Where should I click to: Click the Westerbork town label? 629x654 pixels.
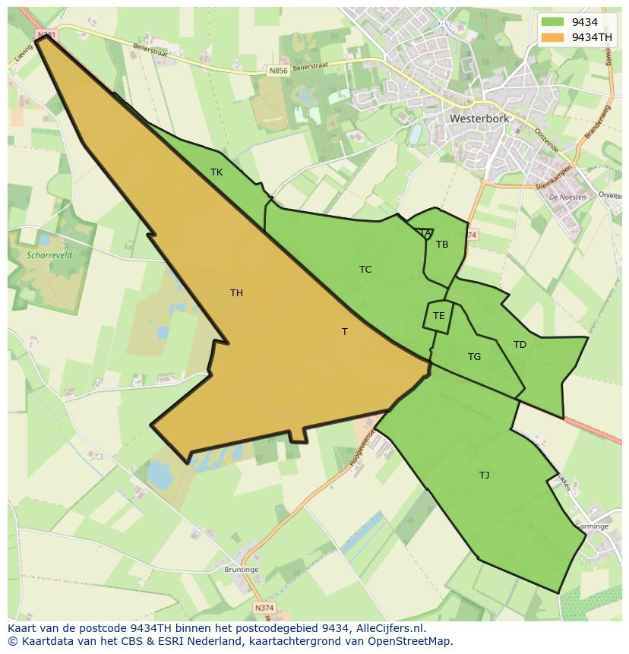click(x=479, y=119)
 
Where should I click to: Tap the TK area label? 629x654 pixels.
click(x=217, y=172)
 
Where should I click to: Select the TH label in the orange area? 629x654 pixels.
click(x=236, y=293)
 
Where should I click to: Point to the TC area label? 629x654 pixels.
click(x=365, y=270)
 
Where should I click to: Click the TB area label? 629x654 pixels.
click(x=442, y=245)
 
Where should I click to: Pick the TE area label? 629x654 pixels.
click(x=438, y=316)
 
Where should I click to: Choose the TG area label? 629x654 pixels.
click(x=474, y=357)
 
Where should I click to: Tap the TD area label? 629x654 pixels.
click(x=520, y=345)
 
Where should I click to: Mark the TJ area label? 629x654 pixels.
click(x=484, y=475)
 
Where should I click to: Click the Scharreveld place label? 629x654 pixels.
click(x=48, y=256)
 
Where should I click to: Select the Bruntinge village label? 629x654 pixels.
click(x=242, y=570)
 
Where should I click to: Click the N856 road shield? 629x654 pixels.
click(x=278, y=71)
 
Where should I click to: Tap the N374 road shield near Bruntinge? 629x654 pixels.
click(x=264, y=608)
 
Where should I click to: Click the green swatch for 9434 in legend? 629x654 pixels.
click(x=553, y=22)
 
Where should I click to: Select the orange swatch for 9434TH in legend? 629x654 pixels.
click(x=553, y=37)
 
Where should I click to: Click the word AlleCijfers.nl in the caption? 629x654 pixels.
click(x=387, y=628)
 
